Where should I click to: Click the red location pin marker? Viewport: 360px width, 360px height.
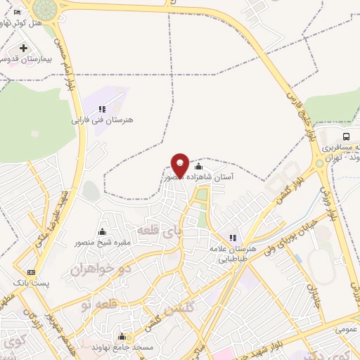tap(180, 165)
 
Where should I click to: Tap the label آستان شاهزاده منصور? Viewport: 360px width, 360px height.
tap(205, 179)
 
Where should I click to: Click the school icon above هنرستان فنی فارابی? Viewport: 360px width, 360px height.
tap(103, 109)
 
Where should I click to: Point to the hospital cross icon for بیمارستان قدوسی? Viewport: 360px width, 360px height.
tap(24, 48)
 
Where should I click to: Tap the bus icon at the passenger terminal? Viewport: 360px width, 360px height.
tap(345, 136)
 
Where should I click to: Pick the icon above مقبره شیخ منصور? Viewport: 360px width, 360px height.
tap(103, 233)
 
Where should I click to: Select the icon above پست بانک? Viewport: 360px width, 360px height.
tap(30, 272)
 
